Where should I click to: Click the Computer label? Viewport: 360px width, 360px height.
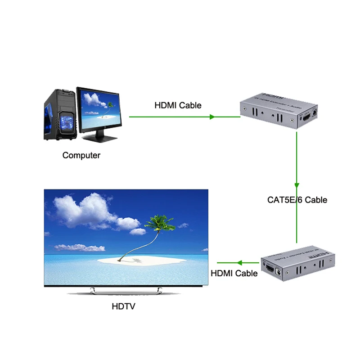(81, 155)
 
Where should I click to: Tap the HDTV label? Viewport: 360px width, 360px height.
(123, 307)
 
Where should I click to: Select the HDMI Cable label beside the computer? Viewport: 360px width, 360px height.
(178, 105)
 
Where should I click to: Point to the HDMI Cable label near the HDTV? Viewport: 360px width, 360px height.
(234, 273)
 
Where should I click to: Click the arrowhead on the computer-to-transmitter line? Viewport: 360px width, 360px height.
(212, 117)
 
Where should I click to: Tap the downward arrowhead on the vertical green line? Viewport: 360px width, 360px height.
(297, 184)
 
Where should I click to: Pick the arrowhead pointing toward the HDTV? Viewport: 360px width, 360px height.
(239, 263)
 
